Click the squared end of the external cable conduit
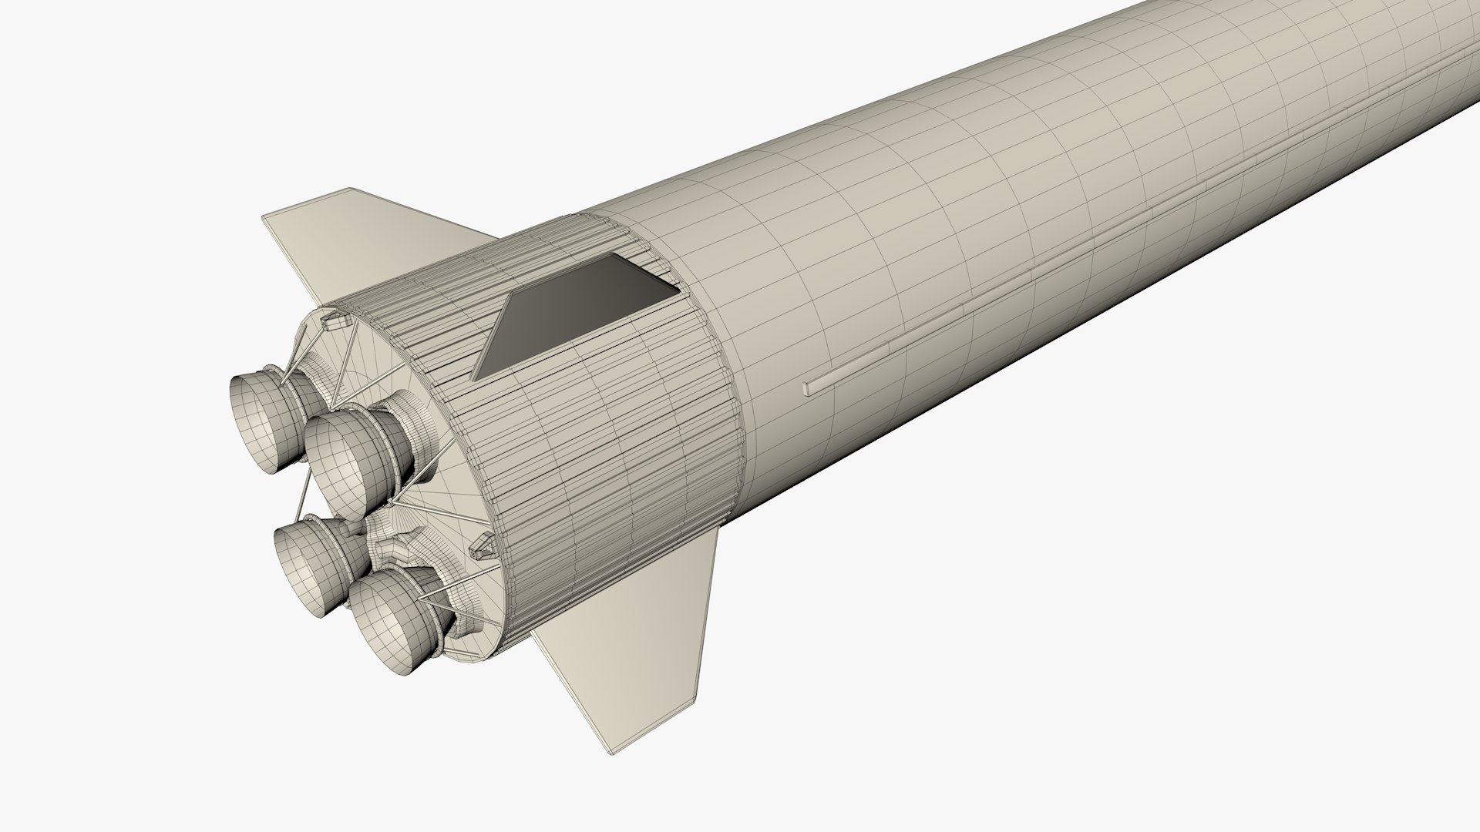click(x=807, y=387)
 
